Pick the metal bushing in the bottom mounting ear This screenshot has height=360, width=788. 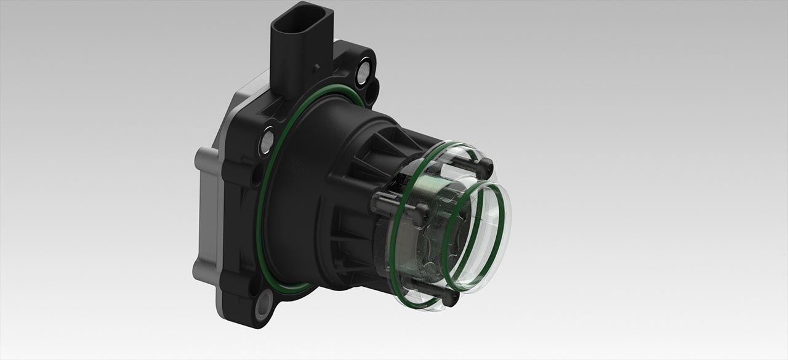264,301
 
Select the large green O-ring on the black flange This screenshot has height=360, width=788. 259,203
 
